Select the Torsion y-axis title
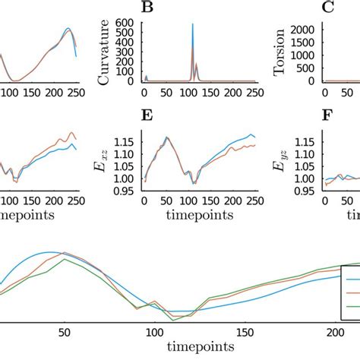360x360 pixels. pos(280,52)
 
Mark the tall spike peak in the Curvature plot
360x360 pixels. pos(192,25)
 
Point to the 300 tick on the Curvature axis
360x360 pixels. pos(128,52)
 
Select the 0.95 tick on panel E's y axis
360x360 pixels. pos(125,191)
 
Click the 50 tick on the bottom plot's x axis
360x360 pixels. pos(65,332)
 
